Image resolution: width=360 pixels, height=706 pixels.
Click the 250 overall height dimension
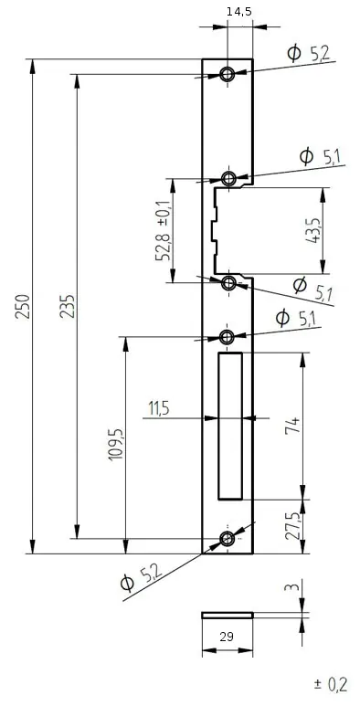[x=23, y=306]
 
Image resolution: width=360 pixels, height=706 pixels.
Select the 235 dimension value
[x=68, y=306]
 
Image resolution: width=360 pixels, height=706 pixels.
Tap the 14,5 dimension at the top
[x=239, y=12]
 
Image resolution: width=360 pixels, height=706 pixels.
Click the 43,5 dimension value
[x=312, y=230]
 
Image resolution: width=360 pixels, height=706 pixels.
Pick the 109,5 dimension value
[x=116, y=444]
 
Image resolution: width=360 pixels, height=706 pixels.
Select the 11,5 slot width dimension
[x=159, y=409]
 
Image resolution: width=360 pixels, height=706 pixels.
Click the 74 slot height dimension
[x=292, y=426]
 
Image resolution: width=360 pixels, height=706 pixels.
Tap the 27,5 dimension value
[x=293, y=525]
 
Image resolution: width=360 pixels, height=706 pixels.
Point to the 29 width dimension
[x=227, y=637]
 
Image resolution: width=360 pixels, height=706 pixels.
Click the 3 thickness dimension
[x=293, y=587]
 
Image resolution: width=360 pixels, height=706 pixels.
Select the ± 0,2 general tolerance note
[x=331, y=685]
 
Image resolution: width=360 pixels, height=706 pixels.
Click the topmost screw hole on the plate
[x=228, y=73]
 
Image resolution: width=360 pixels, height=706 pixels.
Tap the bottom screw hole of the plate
[x=228, y=538]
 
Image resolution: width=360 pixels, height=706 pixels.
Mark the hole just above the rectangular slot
[x=228, y=336]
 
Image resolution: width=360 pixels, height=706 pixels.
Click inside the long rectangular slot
[x=230, y=426]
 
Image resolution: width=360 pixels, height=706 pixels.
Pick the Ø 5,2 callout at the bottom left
[x=141, y=578]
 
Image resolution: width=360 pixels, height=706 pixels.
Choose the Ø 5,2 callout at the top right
[x=309, y=53]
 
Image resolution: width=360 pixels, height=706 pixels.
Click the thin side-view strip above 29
[x=228, y=615]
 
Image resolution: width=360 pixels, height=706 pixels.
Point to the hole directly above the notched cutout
[x=229, y=179]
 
